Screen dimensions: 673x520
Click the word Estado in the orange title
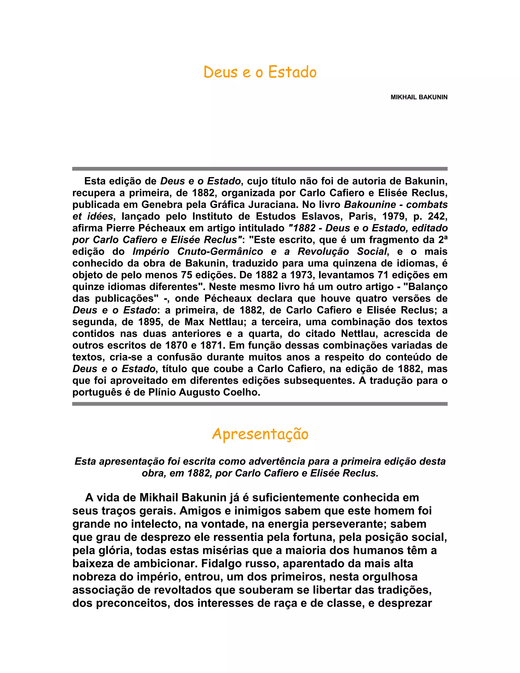click(292, 72)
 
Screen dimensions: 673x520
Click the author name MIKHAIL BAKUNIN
click(419, 97)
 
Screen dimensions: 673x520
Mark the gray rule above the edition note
click(260, 169)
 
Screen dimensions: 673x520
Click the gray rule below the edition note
click(260, 404)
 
